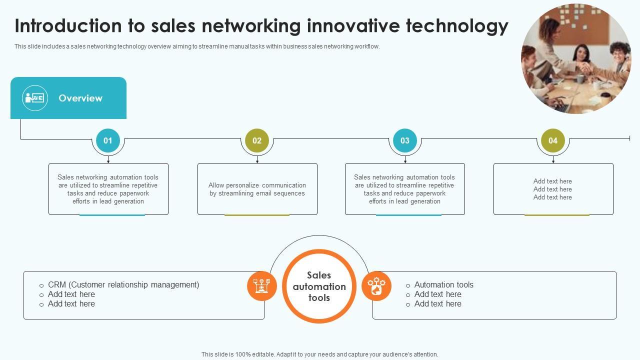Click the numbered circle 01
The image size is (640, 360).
click(x=108, y=140)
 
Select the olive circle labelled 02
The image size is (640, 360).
click(x=257, y=140)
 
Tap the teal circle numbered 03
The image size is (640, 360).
click(x=405, y=140)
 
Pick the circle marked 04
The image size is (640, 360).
click(x=553, y=140)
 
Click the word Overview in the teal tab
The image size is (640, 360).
click(x=80, y=98)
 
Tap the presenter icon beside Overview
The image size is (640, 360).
click(x=35, y=98)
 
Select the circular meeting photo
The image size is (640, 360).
click(x=576, y=59)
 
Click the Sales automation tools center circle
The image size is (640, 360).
click(x=319, y=286)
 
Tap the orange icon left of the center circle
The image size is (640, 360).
click(x=262, y=286)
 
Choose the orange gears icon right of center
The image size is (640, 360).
click(x=376, y=286)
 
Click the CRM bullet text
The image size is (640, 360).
click(x=123, y=284)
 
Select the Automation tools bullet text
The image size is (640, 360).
click(x=443, y=284)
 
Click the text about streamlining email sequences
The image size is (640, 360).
click(x=257, y=189)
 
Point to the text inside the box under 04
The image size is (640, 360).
click(x=552, y=189)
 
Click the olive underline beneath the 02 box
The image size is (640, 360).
click(x=257, y=215)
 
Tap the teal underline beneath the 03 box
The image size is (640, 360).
click(x=408, y=215)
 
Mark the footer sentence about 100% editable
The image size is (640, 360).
click(x=320, y=354)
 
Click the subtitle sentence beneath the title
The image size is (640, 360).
click(x=197, y=46)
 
